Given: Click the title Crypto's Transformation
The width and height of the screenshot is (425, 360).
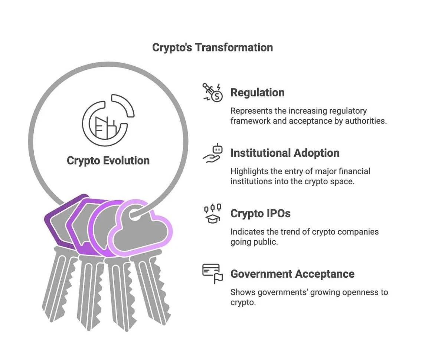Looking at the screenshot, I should click(212, 47).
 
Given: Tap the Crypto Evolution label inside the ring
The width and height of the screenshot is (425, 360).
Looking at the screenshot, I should click(108, 161).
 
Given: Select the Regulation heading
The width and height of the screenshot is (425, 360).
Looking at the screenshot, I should click(257, 92).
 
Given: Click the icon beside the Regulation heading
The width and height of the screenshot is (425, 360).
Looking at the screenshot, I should click(212, 92).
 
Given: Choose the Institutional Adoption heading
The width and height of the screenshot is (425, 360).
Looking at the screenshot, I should click(285, 153).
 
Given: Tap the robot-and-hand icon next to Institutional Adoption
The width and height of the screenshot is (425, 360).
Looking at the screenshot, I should click(213, 153).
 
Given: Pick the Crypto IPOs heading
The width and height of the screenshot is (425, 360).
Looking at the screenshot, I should click(260, 214).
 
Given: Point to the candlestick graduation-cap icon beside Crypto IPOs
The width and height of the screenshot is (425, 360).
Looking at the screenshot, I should click(213, 214).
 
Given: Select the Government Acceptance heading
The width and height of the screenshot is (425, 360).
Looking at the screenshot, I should click(292, 274).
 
